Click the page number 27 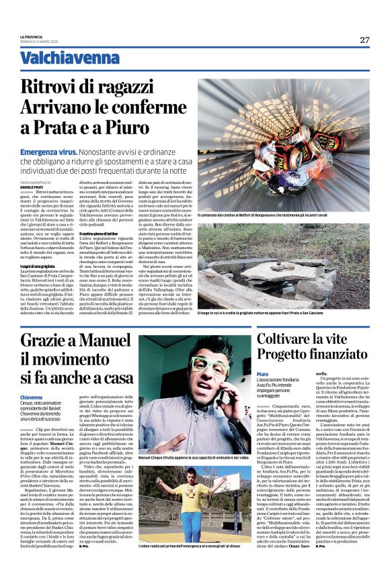coord(364,40)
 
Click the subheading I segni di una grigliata coord(38,266)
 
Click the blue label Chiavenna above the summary coord(34,398)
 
